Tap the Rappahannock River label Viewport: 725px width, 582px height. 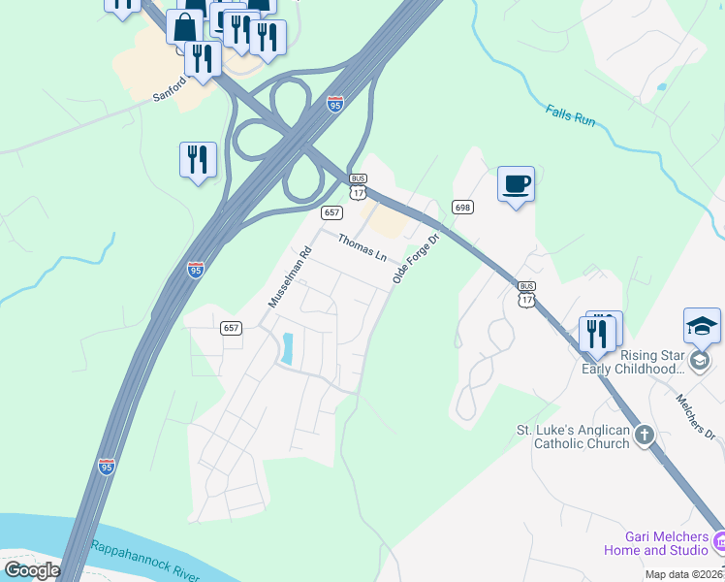145,562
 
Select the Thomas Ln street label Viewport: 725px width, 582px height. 362,246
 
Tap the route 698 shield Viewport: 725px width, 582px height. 462,207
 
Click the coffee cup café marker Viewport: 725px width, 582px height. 516,183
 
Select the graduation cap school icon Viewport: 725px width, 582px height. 702,326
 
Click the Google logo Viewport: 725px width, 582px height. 32,570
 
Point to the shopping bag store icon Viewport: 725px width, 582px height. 183,27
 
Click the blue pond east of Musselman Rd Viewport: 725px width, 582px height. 286,349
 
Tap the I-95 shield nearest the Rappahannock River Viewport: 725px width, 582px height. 107,467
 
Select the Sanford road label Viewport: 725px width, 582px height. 169,96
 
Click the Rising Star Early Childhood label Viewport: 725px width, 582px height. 633,361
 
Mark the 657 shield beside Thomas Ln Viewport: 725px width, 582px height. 332,212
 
